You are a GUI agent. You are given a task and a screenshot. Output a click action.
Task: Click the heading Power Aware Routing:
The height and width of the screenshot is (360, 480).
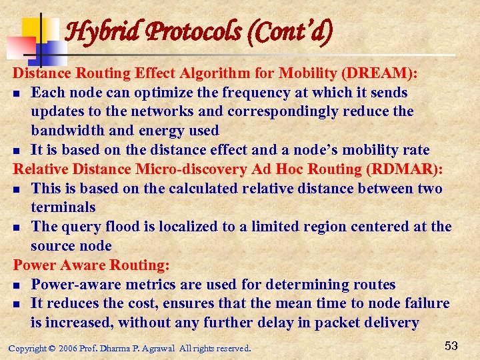click(x=91, y=265)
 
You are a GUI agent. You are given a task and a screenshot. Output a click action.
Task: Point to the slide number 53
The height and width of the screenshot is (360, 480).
click(x=451, y=345)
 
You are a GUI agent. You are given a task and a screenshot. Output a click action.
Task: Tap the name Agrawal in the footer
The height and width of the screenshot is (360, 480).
click(x=158, y=348)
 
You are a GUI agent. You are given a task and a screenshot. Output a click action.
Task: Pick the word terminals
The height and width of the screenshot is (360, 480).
click(x=63, y=207)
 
